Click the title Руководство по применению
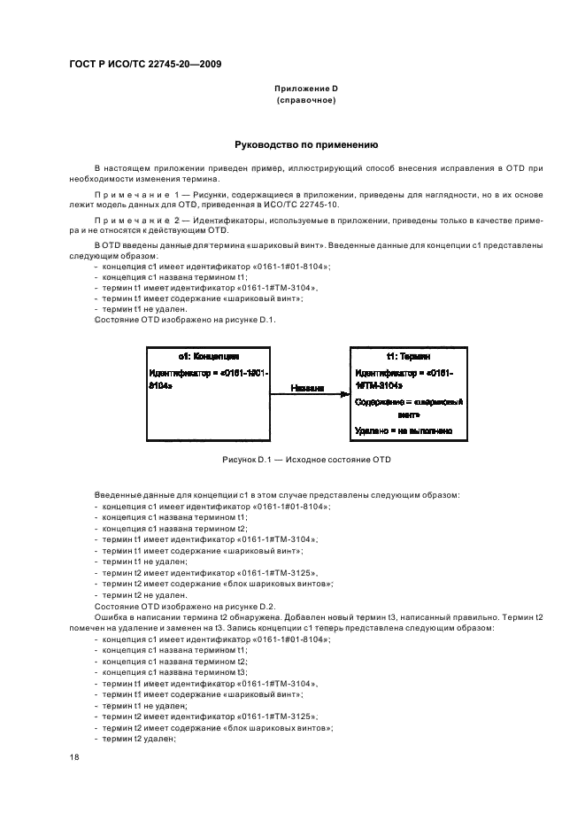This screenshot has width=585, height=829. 305,143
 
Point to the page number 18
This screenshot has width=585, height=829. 74,759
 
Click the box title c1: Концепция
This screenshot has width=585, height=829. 206,356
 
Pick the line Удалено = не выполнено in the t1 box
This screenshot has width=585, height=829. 404,430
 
